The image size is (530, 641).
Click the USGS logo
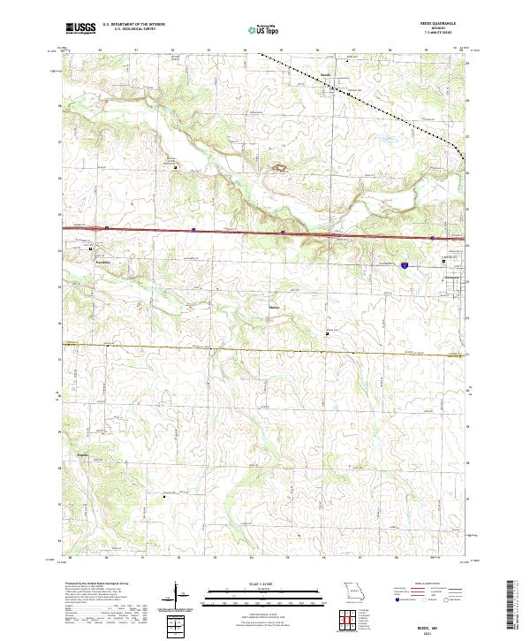[80, 28]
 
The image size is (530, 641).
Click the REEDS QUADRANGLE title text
[438, 25]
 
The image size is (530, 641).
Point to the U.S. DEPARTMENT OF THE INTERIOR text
[133, 25]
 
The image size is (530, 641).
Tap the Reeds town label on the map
[324, 74]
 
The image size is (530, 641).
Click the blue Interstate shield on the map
[403, 263]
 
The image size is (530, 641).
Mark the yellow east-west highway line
[221, 347]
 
